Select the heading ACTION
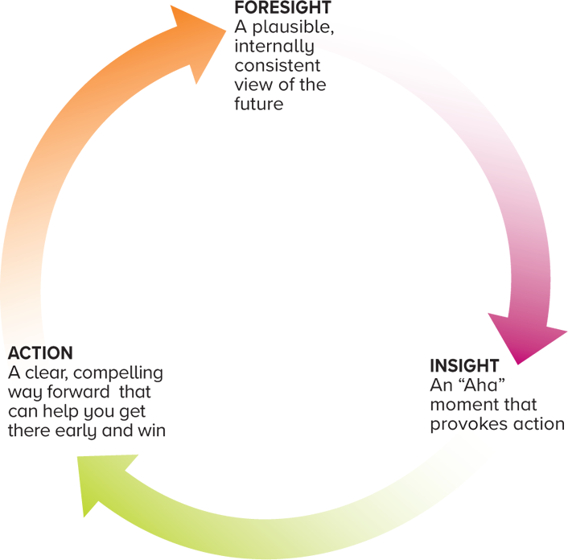tap(40, 353)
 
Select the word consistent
tap(278, 66)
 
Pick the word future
tap(259, 105)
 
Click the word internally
tap(274, 47)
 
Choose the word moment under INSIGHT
tap(462, 404)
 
